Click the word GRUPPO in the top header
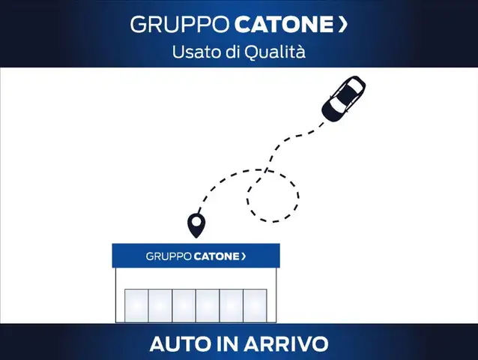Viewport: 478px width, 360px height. point(181,25)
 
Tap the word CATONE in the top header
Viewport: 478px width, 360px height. point(283,25)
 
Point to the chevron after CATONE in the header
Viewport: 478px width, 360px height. point(343,25)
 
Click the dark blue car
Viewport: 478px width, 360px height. point(343,100)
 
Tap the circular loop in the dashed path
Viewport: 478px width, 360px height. point(273,195)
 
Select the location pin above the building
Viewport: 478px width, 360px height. point(196,224)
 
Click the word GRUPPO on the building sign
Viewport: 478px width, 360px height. point(168,256)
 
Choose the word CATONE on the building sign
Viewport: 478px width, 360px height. point(216,256)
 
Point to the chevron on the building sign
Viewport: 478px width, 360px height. point(243,256)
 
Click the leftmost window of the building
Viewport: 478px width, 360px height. point(136,305)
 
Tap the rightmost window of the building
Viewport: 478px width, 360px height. point(255,305)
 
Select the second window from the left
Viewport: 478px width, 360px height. point(160,305)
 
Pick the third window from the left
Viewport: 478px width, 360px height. point(184,305)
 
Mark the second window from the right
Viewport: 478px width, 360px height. point(232,305)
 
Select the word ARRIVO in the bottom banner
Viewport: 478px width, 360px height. point(288,344)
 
